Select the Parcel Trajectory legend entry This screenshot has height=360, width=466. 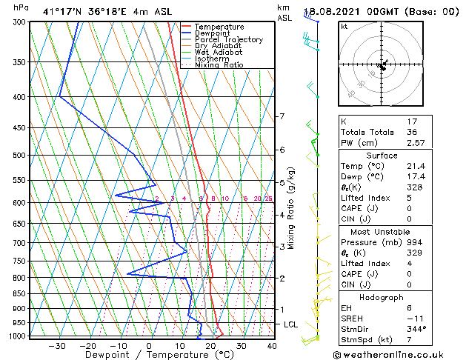tap(228, 39)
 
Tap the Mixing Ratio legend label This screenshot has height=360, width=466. tap(219, 65)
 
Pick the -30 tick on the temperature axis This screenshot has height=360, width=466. tap(57, 346)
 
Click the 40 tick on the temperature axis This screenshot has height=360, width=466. tap(272, 346)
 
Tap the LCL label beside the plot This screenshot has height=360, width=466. tap(291, 324)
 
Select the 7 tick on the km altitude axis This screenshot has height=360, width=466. tap(282, 117)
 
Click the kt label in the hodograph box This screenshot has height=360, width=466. tap(344, 27)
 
